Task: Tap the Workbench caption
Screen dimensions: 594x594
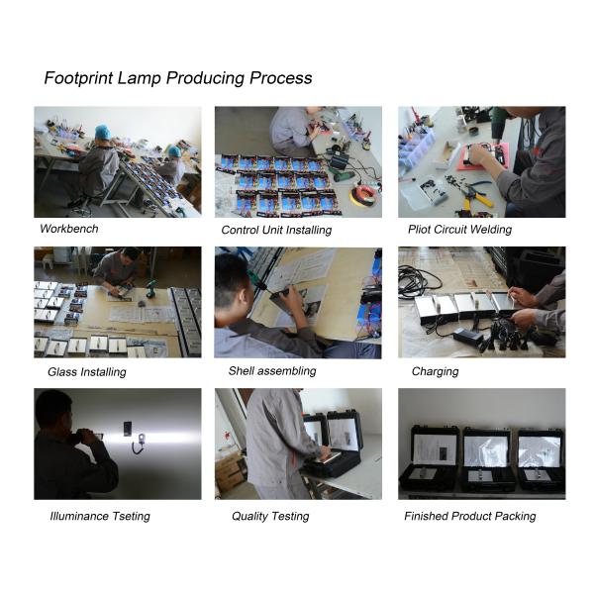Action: click(x=68, y=229)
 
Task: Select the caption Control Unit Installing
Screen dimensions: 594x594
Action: click(x=275, y=231)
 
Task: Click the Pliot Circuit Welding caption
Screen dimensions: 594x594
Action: click(x=459, y=230)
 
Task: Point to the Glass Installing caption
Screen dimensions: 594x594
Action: click(x=86, y=373)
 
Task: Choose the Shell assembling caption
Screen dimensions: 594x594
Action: click(x=272, y=371)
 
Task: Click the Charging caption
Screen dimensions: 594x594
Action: click(x=435, y=372)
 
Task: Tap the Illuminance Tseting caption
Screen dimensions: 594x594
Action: click(x=99, y=516)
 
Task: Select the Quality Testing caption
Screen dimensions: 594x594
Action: click(x=270, y=516)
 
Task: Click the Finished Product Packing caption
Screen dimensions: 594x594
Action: click(x=469, y=516)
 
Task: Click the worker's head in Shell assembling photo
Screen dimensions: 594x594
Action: click(x=232, y=278)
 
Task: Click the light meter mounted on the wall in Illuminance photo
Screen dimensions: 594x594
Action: click(x=127, y=430)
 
